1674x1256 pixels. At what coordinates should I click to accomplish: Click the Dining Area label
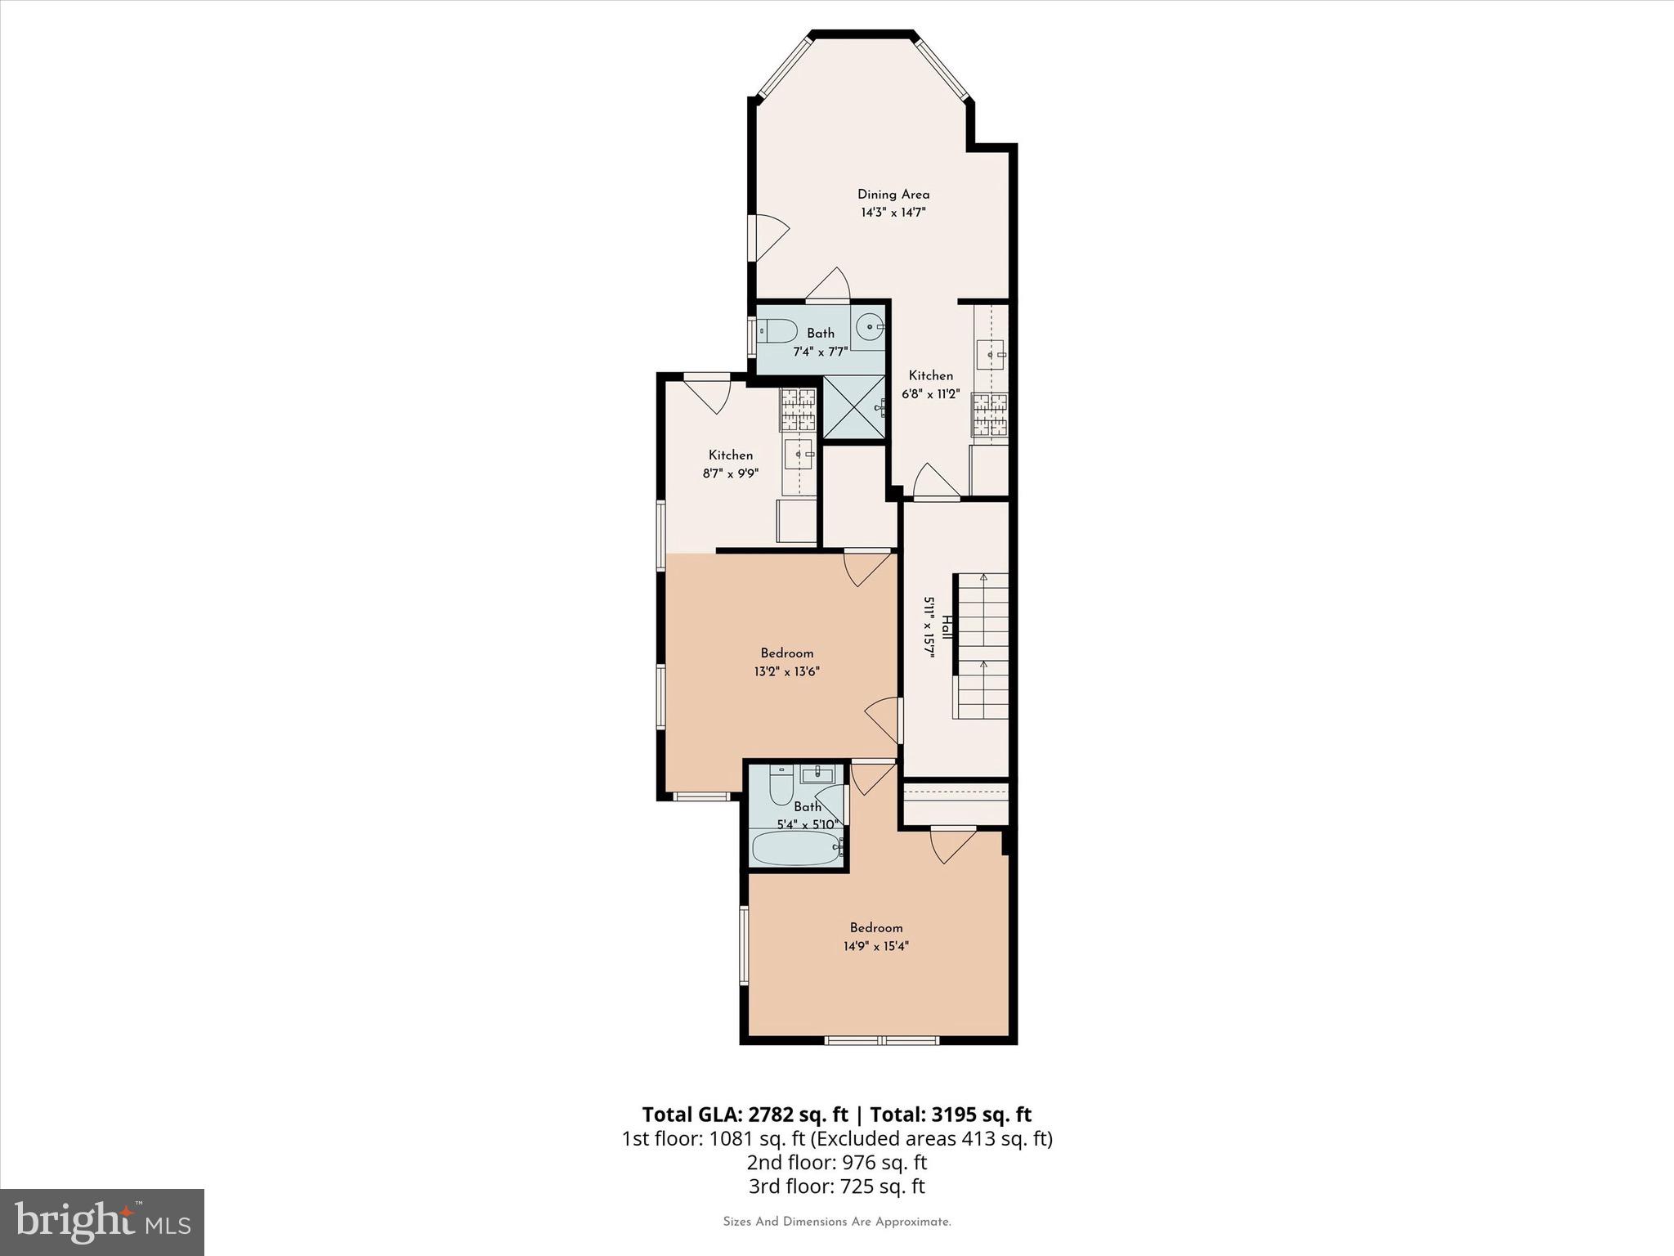click(x=893, y=195)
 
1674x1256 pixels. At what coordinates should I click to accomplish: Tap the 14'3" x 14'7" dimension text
click(x=893, y=213)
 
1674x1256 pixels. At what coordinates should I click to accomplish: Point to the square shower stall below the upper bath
click(x=854, y=406)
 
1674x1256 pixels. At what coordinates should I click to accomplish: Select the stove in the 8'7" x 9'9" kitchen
click(x=799, y=409)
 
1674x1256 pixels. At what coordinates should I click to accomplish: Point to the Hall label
click(x=947, y=627)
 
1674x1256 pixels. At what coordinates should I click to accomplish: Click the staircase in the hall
click(x=982, y=646)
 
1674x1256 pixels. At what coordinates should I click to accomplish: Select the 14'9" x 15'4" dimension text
click(x=876, y=946)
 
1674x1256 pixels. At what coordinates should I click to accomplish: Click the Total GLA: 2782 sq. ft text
click(x=745, y=1115)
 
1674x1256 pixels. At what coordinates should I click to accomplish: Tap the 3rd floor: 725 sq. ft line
click(x=836, y=1186)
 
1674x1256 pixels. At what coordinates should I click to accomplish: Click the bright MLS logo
click(x=102, y=1222)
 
